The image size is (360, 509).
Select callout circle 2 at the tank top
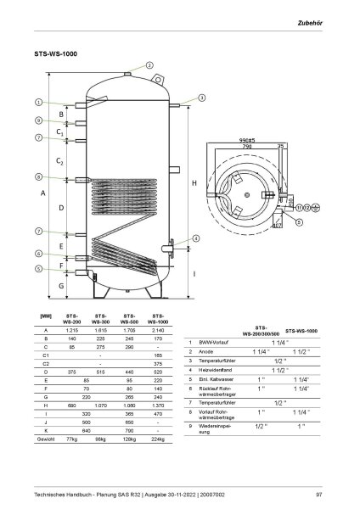pos(149,65)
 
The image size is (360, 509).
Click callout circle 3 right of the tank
pos(202,98)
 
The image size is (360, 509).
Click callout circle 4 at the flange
pos(196,239)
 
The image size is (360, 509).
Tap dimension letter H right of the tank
pos(194,183)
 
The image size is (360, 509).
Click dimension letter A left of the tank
pos(43,193)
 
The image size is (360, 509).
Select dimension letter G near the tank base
pos(61,287)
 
